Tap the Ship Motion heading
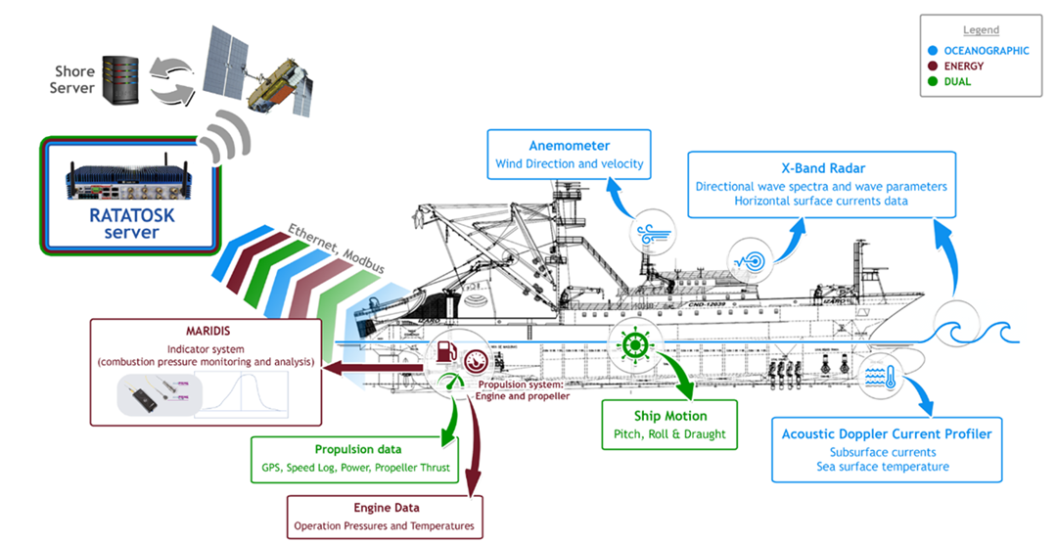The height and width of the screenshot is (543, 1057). (x=668, y=415)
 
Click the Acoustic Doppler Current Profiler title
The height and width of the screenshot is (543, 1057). (x=887, y=433)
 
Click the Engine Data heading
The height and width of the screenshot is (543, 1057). (x=386, y=508)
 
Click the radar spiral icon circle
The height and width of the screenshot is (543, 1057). (x=754, y=258)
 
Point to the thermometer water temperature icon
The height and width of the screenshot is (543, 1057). (x=878, y=378)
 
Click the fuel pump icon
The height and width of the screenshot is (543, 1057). (x=445, y=351)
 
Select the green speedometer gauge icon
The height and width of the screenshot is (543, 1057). (x=450, y=384)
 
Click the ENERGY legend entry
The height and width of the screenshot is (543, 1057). (x=965, y=67)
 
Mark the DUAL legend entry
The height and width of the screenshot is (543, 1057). (x=959, y=82)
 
